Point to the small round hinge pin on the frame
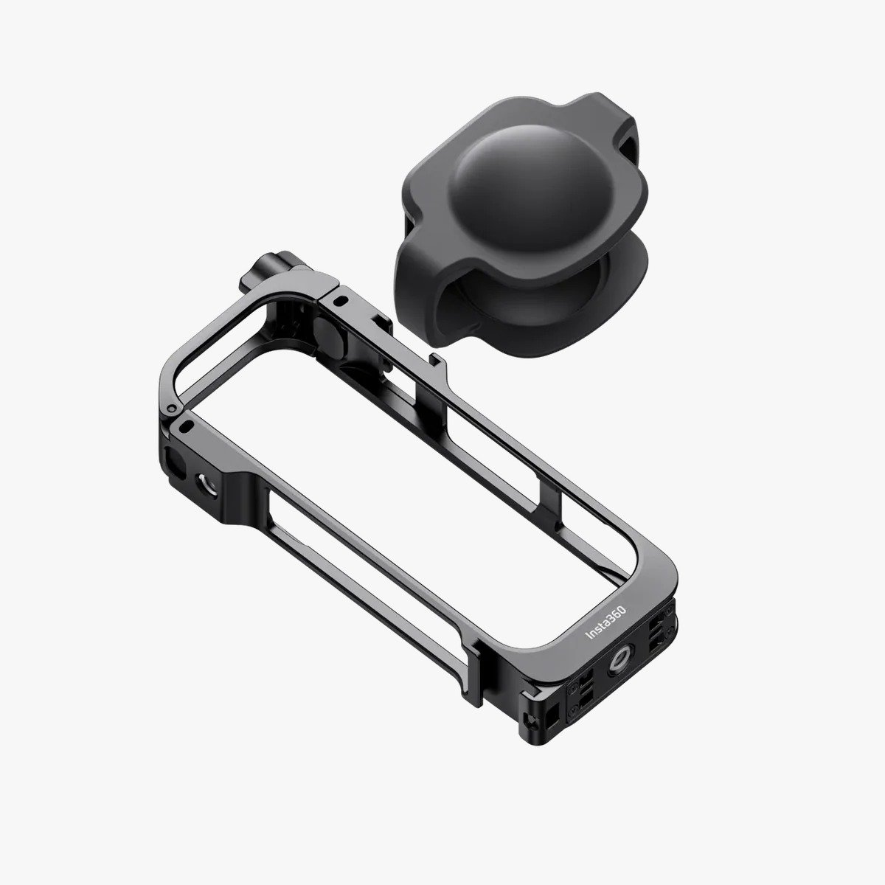point(172,407)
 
